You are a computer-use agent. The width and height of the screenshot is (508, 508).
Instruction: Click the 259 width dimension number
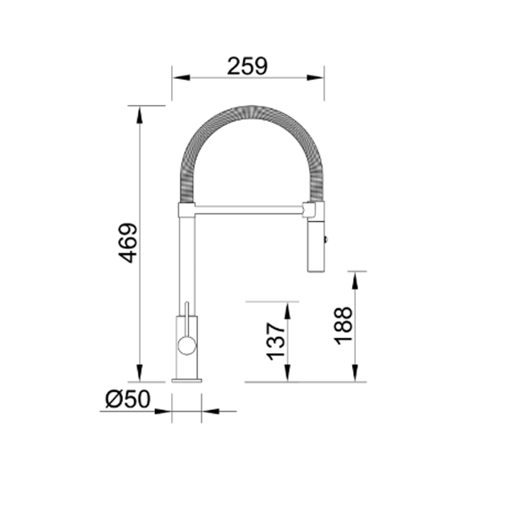247,64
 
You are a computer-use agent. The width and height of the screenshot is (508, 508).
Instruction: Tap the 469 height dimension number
127,243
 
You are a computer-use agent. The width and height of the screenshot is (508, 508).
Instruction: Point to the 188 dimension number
343,325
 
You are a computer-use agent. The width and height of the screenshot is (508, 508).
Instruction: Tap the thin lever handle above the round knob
185,310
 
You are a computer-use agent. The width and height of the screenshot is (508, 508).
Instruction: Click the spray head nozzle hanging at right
315,246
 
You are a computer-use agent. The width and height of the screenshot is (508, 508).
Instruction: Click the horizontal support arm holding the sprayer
250,207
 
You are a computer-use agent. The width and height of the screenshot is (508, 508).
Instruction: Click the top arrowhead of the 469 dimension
140,113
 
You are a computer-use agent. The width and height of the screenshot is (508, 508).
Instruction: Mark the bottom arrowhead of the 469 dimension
140,375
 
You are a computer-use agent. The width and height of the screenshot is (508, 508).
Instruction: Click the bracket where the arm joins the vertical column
186,208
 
